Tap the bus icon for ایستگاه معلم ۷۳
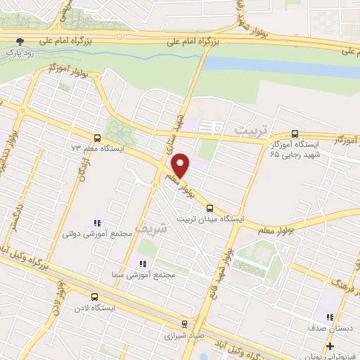click(x=97, y=137)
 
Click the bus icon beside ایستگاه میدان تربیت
click(x=210, y=207)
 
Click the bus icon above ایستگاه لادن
click(x=95, y=297)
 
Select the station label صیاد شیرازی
click(x=184, y=336)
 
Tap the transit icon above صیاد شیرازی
click(x=184, y=324)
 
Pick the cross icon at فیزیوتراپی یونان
click(x=330, y=345)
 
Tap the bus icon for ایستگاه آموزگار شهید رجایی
click(x=295, y=134)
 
